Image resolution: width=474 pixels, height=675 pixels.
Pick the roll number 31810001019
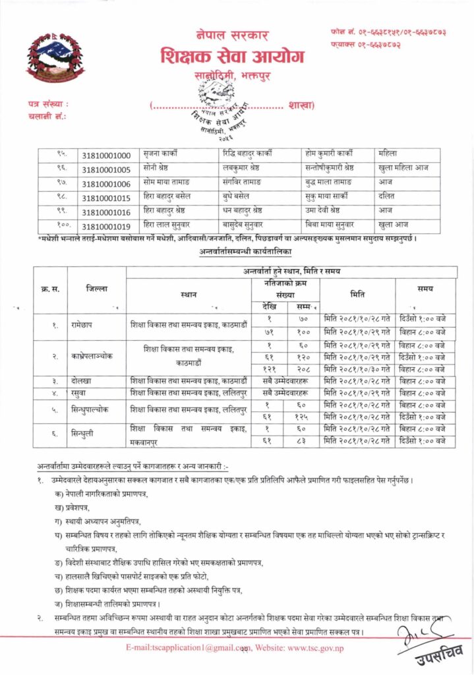click(107, 225)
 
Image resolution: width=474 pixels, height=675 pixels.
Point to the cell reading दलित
click(385, 197)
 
